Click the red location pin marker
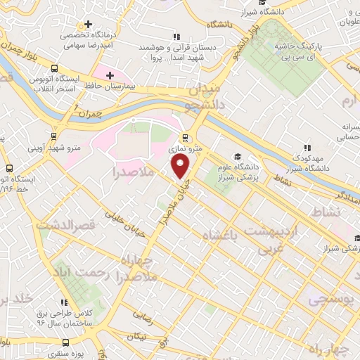[x=181, y=167]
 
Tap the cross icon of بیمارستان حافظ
[x=110, y=75]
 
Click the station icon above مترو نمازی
[x=184, y=138]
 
